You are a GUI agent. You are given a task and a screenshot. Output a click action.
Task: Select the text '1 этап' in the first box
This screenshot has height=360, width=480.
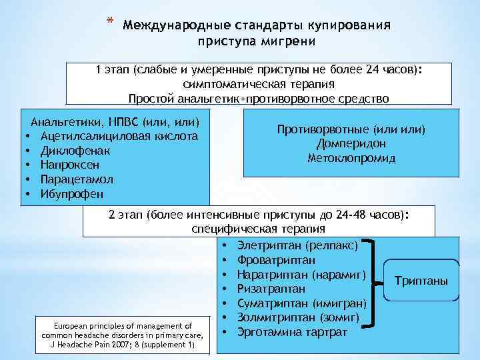(x=112, y=71)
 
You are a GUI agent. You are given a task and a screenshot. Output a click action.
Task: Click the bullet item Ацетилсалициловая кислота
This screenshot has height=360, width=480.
(x=119, y=136)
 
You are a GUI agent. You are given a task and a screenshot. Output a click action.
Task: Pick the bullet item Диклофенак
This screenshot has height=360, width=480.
(x=75, y=151)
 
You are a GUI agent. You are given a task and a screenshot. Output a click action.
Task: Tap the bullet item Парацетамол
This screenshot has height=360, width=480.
(x=77, y=179)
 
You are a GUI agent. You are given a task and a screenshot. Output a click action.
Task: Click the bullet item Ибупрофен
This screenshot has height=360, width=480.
(x=73, y=194)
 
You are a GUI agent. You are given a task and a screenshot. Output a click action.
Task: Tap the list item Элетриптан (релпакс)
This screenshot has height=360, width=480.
(x=297, y=245)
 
